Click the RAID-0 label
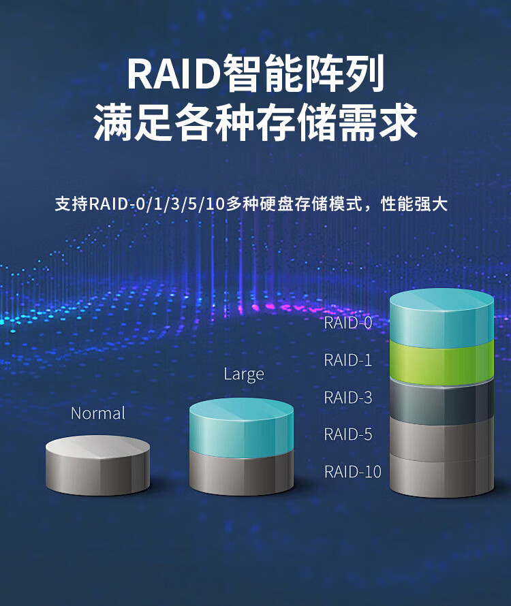[348, 323]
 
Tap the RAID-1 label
[348, 360]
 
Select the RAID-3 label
[348, 397]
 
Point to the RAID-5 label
[348, 434]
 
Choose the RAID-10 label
[352, 471]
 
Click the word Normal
[98, 413]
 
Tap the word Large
[244, 374]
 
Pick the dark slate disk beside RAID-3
[442, 402]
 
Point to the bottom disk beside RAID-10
[442, 477]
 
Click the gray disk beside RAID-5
[442, 439]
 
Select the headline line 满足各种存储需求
[255, 122]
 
